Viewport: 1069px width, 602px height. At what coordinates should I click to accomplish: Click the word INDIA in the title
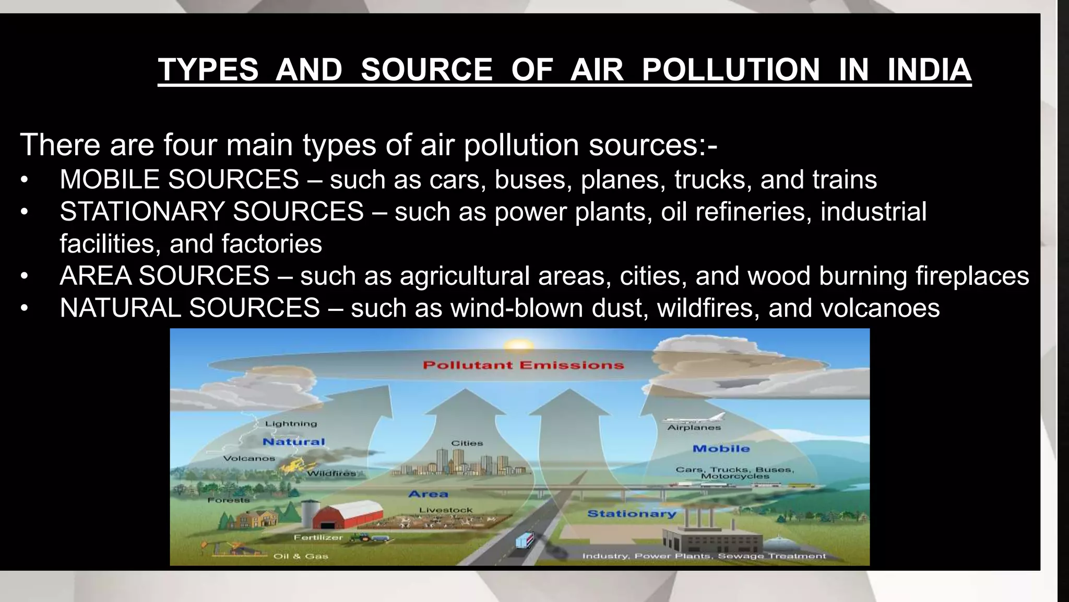[x=929, y=70]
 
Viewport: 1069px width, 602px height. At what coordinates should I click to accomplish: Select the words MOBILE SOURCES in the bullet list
[x=179, y=179]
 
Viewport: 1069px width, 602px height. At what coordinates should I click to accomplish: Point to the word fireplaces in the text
[x=972, y=276]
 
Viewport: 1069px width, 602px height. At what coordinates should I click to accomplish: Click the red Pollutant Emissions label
[x=523, y=365]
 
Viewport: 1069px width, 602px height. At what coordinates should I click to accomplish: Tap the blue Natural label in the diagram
[x=293, y=442]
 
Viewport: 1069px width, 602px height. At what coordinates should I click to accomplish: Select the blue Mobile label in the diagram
[x=721, y=448]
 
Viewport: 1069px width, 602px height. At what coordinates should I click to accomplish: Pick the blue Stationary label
[x=632, y=514]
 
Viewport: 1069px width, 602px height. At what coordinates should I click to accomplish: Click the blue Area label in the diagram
[x=428, y=494]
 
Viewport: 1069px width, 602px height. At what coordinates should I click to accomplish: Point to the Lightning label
[x=291, y=423]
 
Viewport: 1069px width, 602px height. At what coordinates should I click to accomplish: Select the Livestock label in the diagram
[x=446, y=510]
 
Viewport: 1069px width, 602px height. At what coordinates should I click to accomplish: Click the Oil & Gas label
[x=301, y=556]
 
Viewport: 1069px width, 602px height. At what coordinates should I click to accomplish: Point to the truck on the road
[x=525, y=540]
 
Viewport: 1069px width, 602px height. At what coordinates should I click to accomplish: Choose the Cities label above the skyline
[x=467, y=443]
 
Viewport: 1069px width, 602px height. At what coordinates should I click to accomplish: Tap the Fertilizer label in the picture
[x=318, y=537]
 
